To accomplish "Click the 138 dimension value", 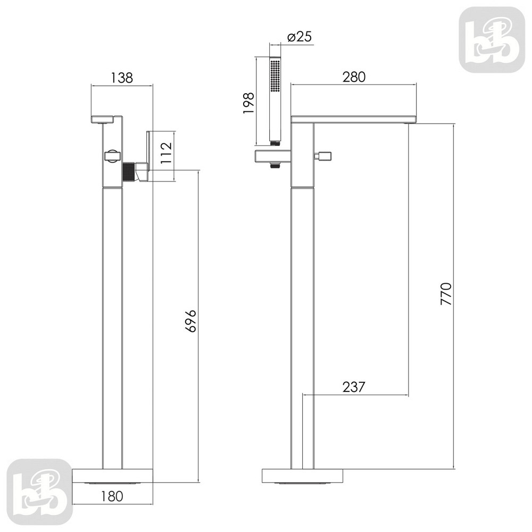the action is point(122,78).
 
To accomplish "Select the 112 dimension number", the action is point(166,153).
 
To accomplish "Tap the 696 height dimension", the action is point(190,321).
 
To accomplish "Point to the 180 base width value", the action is point(112,496).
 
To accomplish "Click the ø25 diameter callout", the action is point(299,36).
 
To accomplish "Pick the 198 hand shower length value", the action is point(248,103).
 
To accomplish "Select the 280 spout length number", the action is point(354,77).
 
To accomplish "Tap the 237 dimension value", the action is point(354,387).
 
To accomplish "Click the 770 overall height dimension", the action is point(446,293).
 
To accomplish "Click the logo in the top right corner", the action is point(492,39).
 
